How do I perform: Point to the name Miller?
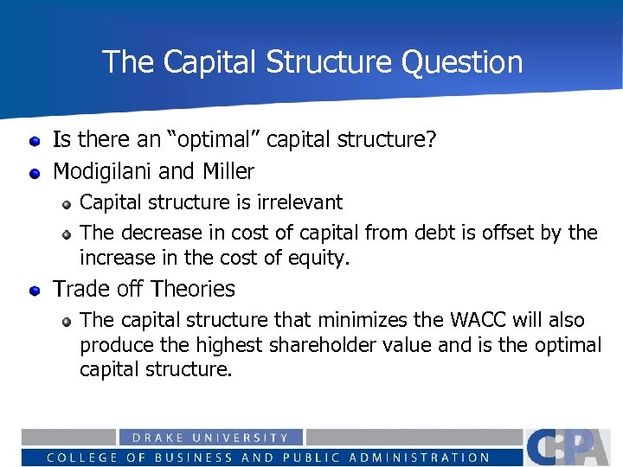click(225, 171)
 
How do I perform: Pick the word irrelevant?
click(298, 202)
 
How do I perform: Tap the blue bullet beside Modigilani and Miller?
click(34, 172)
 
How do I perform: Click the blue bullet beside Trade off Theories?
click(34, 290)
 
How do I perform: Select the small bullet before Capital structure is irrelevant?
click(66, 203)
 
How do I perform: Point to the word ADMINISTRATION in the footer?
click(430, 457)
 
